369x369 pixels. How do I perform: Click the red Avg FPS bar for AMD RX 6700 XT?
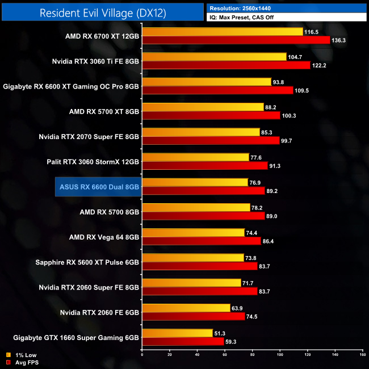tap(236, 40)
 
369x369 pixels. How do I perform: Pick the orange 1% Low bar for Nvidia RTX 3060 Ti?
tap(214, 57)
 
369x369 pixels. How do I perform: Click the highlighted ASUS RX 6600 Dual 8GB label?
tap(99, 186)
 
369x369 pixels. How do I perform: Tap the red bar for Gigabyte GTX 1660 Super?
tap(183, 341)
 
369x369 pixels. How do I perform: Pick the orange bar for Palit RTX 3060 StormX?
tap(195, 157)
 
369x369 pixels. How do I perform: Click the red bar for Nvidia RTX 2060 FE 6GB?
tap(193, 316)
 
